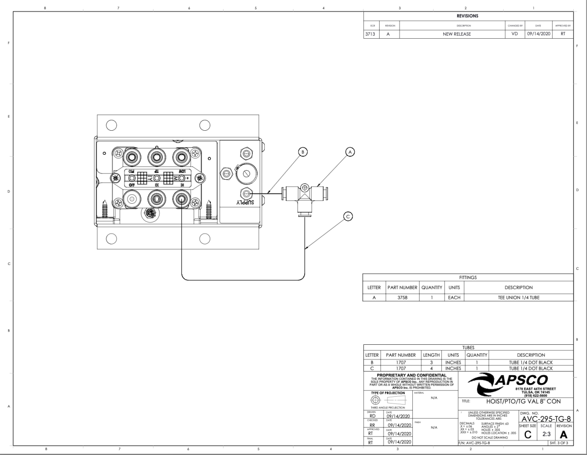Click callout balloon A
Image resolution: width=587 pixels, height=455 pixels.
pyautogui.click(x=350, y=152)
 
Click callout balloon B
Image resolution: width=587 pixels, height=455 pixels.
pyautogui.click(x=303, y=152)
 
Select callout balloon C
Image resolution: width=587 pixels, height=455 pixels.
pyautogui.click(x=348, y=216)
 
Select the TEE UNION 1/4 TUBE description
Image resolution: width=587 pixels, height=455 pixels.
pyautogui.click(x=518, y=297)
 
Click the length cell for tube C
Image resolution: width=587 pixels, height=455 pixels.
pyautogui.click(x=432, y=368)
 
